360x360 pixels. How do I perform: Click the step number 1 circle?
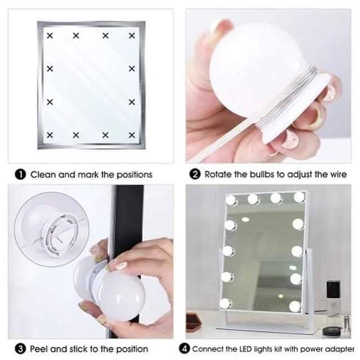20,175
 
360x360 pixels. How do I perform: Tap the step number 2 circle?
195,174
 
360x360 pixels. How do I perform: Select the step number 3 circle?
20,349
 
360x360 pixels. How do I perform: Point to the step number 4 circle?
184,349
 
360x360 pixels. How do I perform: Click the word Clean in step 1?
43,175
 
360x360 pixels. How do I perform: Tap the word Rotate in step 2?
218,174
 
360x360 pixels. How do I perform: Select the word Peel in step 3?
39,349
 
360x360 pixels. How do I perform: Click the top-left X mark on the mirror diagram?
50,35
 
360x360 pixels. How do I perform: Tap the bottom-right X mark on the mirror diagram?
132,135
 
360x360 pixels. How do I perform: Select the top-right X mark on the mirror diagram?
132,35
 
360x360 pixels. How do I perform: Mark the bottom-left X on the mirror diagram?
50,135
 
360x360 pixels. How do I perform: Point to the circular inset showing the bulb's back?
52,229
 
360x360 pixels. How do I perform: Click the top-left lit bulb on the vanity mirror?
231,200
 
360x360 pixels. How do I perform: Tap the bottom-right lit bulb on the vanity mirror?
295,307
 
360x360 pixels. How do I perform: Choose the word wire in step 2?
339,174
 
